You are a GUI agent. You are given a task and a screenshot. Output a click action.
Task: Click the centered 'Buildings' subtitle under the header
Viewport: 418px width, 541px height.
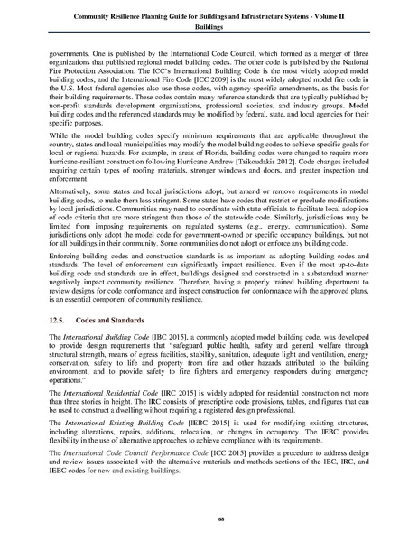pos(209,27)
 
